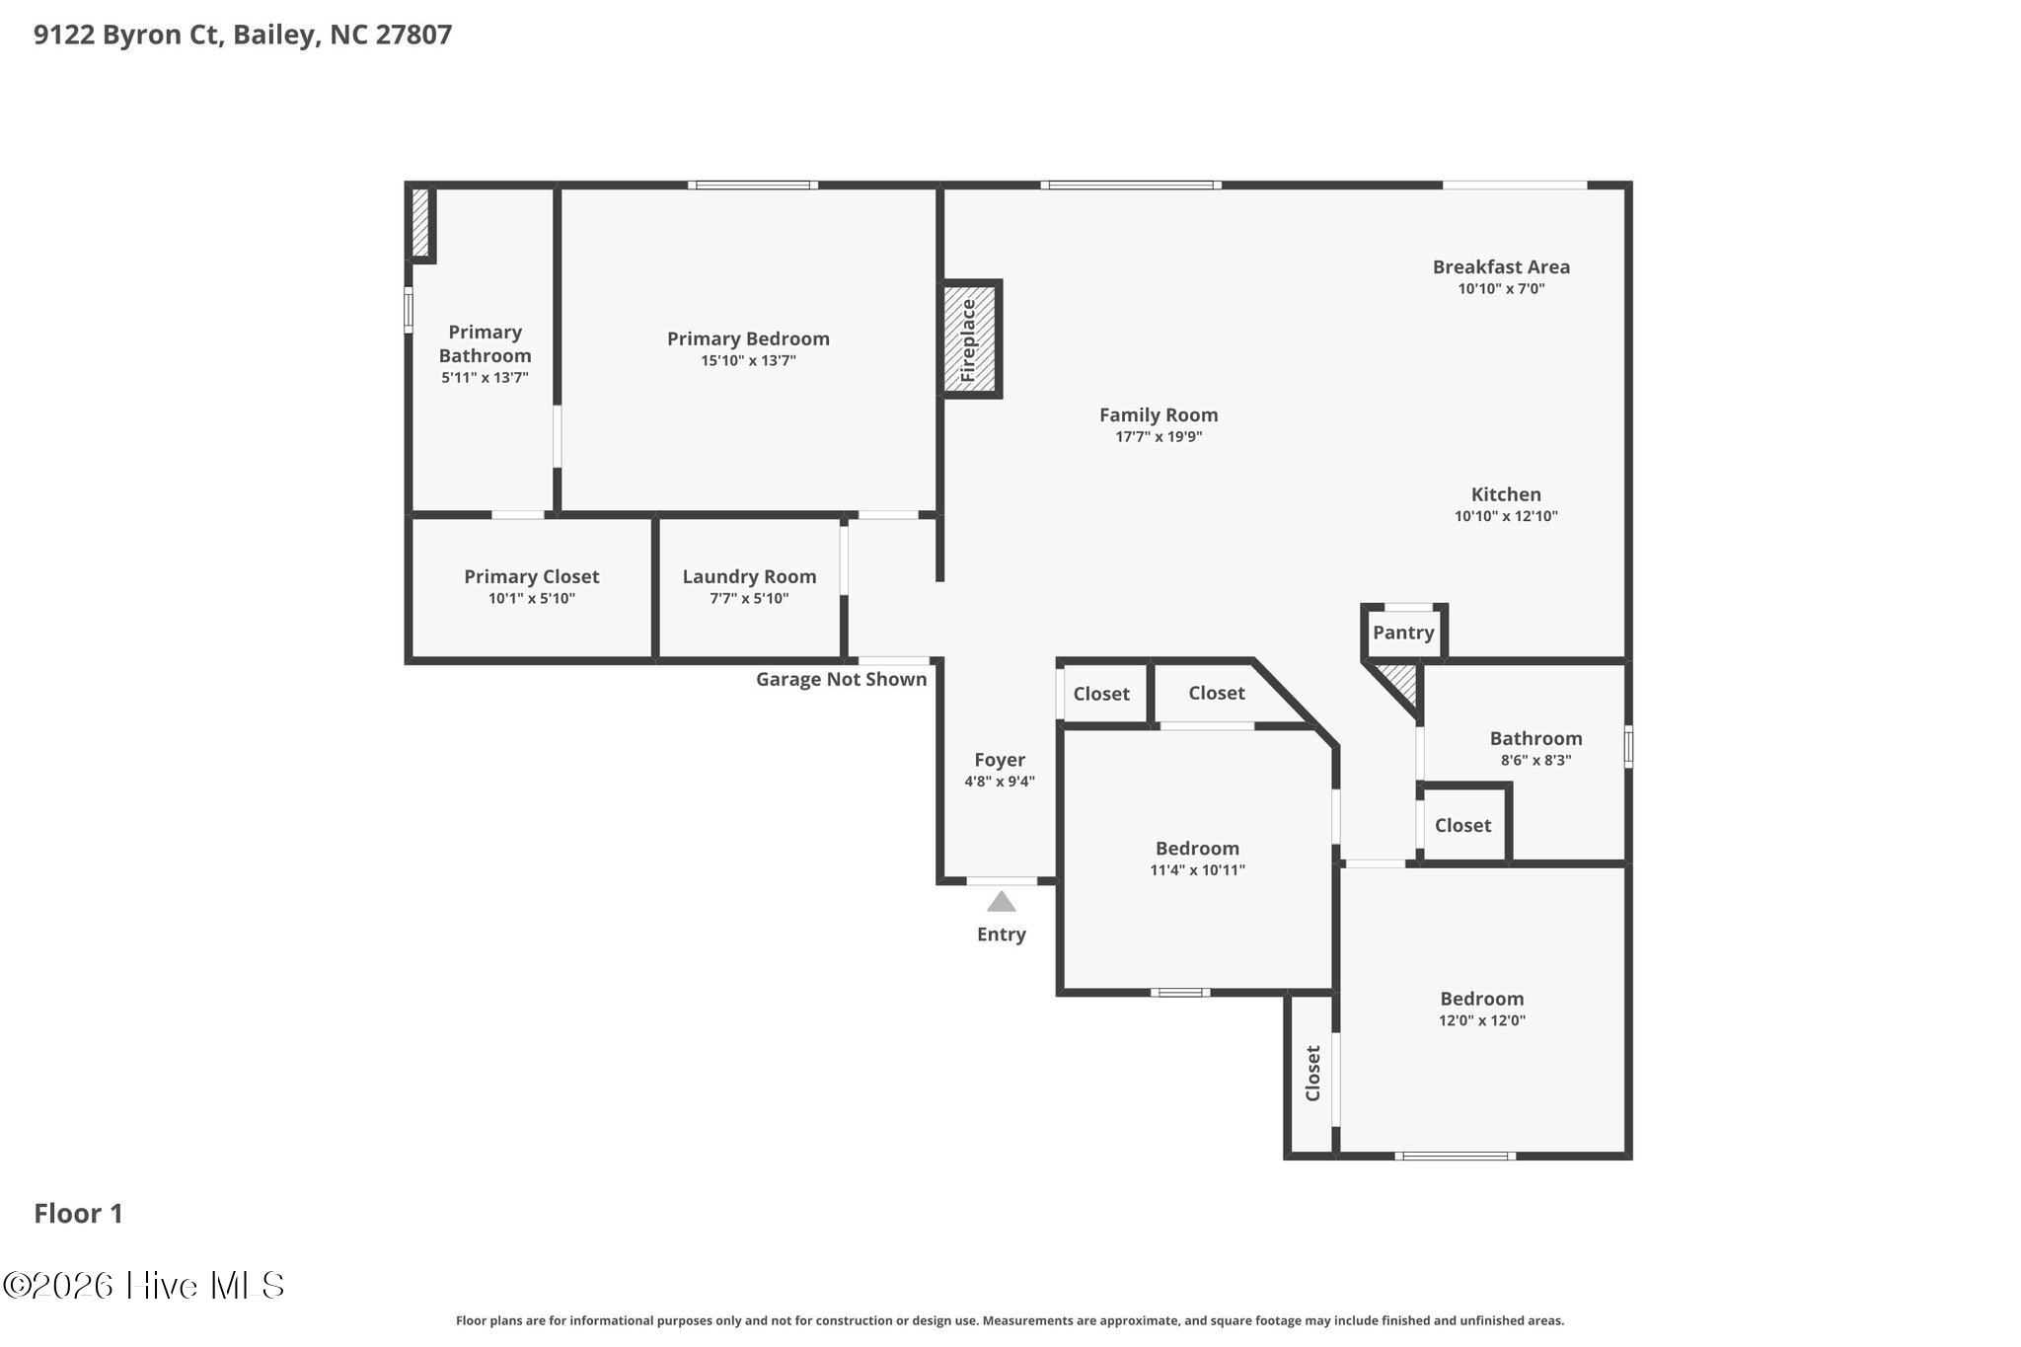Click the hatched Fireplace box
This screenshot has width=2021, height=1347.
[970, 339]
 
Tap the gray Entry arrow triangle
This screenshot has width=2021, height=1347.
[1001, 902]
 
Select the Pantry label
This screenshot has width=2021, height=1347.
[1402, 633]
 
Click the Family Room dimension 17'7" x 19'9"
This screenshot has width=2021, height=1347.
[1159, 437]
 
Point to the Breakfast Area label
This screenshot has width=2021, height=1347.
[1501, 266]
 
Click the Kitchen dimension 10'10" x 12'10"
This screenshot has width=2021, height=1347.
[1506, 516]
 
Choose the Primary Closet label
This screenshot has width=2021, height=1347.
[531, 576]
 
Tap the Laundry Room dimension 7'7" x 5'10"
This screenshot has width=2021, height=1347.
[749, 599]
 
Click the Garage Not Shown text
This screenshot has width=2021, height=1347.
[841, 679]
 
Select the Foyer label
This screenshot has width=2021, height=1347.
[1000, 760]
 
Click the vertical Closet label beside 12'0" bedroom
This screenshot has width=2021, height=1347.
[1312, 1074]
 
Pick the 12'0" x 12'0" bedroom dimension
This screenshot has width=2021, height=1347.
[1481, 1020]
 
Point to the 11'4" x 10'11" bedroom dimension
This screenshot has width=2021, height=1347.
[1197, 870]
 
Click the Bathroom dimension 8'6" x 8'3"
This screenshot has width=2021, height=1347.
[1535, 761]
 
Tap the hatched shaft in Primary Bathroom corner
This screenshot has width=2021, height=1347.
[420, 223]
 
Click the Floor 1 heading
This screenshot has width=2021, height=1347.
[79, 1214]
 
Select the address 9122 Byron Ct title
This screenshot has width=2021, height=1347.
[243, 36]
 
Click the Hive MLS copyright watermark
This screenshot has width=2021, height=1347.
[144, 1285]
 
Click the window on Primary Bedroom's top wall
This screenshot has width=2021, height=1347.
[752, 185]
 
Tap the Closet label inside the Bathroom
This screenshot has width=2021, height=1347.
[1462, 825]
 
